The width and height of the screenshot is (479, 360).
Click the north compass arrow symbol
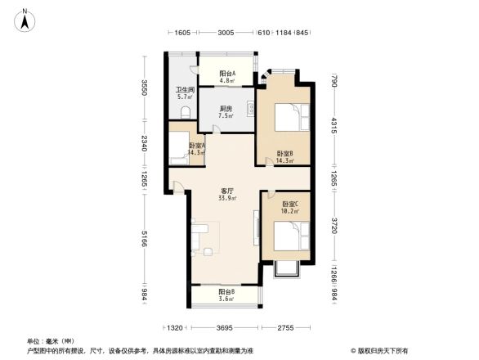pos(25,19)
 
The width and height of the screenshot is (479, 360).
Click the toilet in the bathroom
pos(186,113)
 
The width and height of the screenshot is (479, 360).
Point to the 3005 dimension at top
pos(226,34)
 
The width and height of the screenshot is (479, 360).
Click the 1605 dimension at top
pos(182,34)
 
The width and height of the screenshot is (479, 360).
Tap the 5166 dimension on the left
pos(143,239)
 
